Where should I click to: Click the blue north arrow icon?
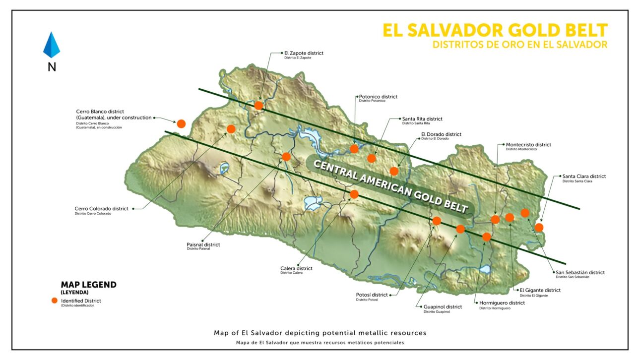52,45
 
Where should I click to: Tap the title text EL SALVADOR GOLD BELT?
495,30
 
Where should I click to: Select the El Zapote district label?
304,53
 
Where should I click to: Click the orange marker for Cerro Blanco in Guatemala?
181,123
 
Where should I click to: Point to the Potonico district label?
378,97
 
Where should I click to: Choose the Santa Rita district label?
422,119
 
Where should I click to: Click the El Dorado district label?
441,134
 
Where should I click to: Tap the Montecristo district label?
528,145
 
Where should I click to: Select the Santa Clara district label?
583,177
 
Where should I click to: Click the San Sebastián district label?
579,272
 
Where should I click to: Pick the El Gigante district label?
539,290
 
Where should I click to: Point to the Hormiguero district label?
502,303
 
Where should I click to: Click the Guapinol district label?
442,307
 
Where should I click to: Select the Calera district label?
296,268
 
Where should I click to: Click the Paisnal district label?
203,244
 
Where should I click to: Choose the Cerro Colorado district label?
101,209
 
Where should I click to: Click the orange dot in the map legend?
55,300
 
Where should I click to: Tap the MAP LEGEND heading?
88,285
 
